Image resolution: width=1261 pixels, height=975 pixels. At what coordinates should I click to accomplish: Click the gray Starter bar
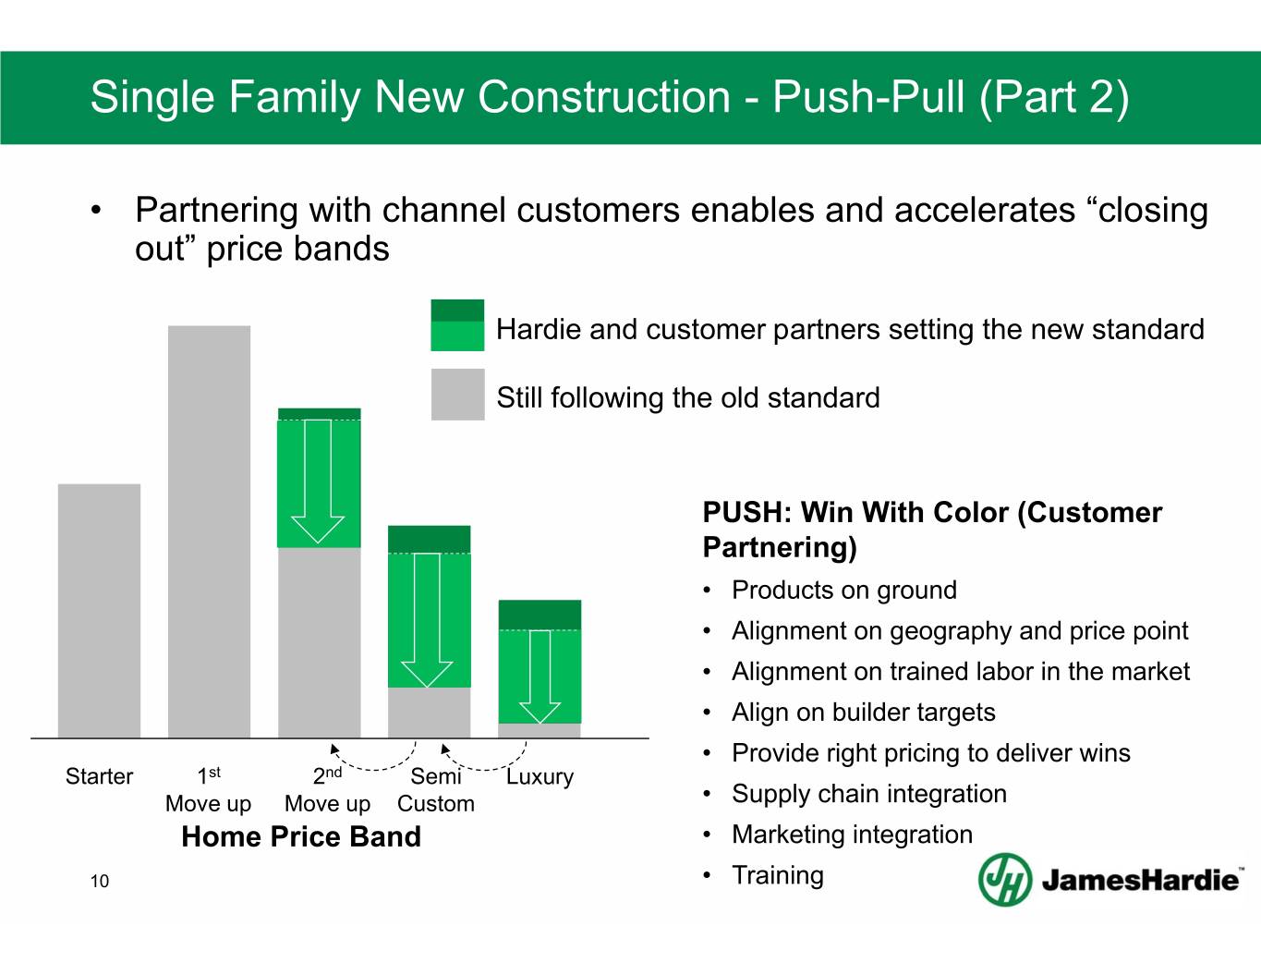(x=99, y=611)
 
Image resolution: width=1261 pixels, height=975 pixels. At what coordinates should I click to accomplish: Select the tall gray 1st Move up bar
(x=210, y=531)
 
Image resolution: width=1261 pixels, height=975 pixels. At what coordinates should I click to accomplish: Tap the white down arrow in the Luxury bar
(x=540, y=676)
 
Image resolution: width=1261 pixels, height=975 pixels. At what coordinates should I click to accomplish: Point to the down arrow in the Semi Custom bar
(x=427, y=620)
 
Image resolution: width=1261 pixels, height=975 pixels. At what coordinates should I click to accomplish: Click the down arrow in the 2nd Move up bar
(x=318, y=481)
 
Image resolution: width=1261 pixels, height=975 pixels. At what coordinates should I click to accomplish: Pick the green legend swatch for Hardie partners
(x=457, y=325)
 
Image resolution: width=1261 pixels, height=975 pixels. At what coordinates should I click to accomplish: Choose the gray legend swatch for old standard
(x=458, y=394)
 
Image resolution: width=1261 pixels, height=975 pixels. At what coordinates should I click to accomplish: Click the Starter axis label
(x=99, y=776)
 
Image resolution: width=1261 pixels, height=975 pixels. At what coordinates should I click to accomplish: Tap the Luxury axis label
(x=540, y=776)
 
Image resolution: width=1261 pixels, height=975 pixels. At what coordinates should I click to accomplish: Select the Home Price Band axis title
(x=301, y=836)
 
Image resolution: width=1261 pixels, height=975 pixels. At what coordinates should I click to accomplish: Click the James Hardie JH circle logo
(x=1005, y=880)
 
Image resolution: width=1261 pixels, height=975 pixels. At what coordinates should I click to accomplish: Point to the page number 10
(x=99, y=881)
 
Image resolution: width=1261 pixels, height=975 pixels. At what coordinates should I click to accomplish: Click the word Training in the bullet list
(x=778, y=875)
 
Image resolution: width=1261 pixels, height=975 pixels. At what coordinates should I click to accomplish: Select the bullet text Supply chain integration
(x=869, y=794)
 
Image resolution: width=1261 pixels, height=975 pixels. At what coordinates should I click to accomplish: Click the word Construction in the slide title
(x=604, y=96)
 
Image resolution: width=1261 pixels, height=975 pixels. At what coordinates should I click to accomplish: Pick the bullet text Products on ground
(x=844, y=591)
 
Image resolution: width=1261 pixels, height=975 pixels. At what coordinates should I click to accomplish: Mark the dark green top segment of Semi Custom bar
(x=430, y=540)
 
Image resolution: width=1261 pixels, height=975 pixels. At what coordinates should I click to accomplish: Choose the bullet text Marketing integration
(x=853, y=835)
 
